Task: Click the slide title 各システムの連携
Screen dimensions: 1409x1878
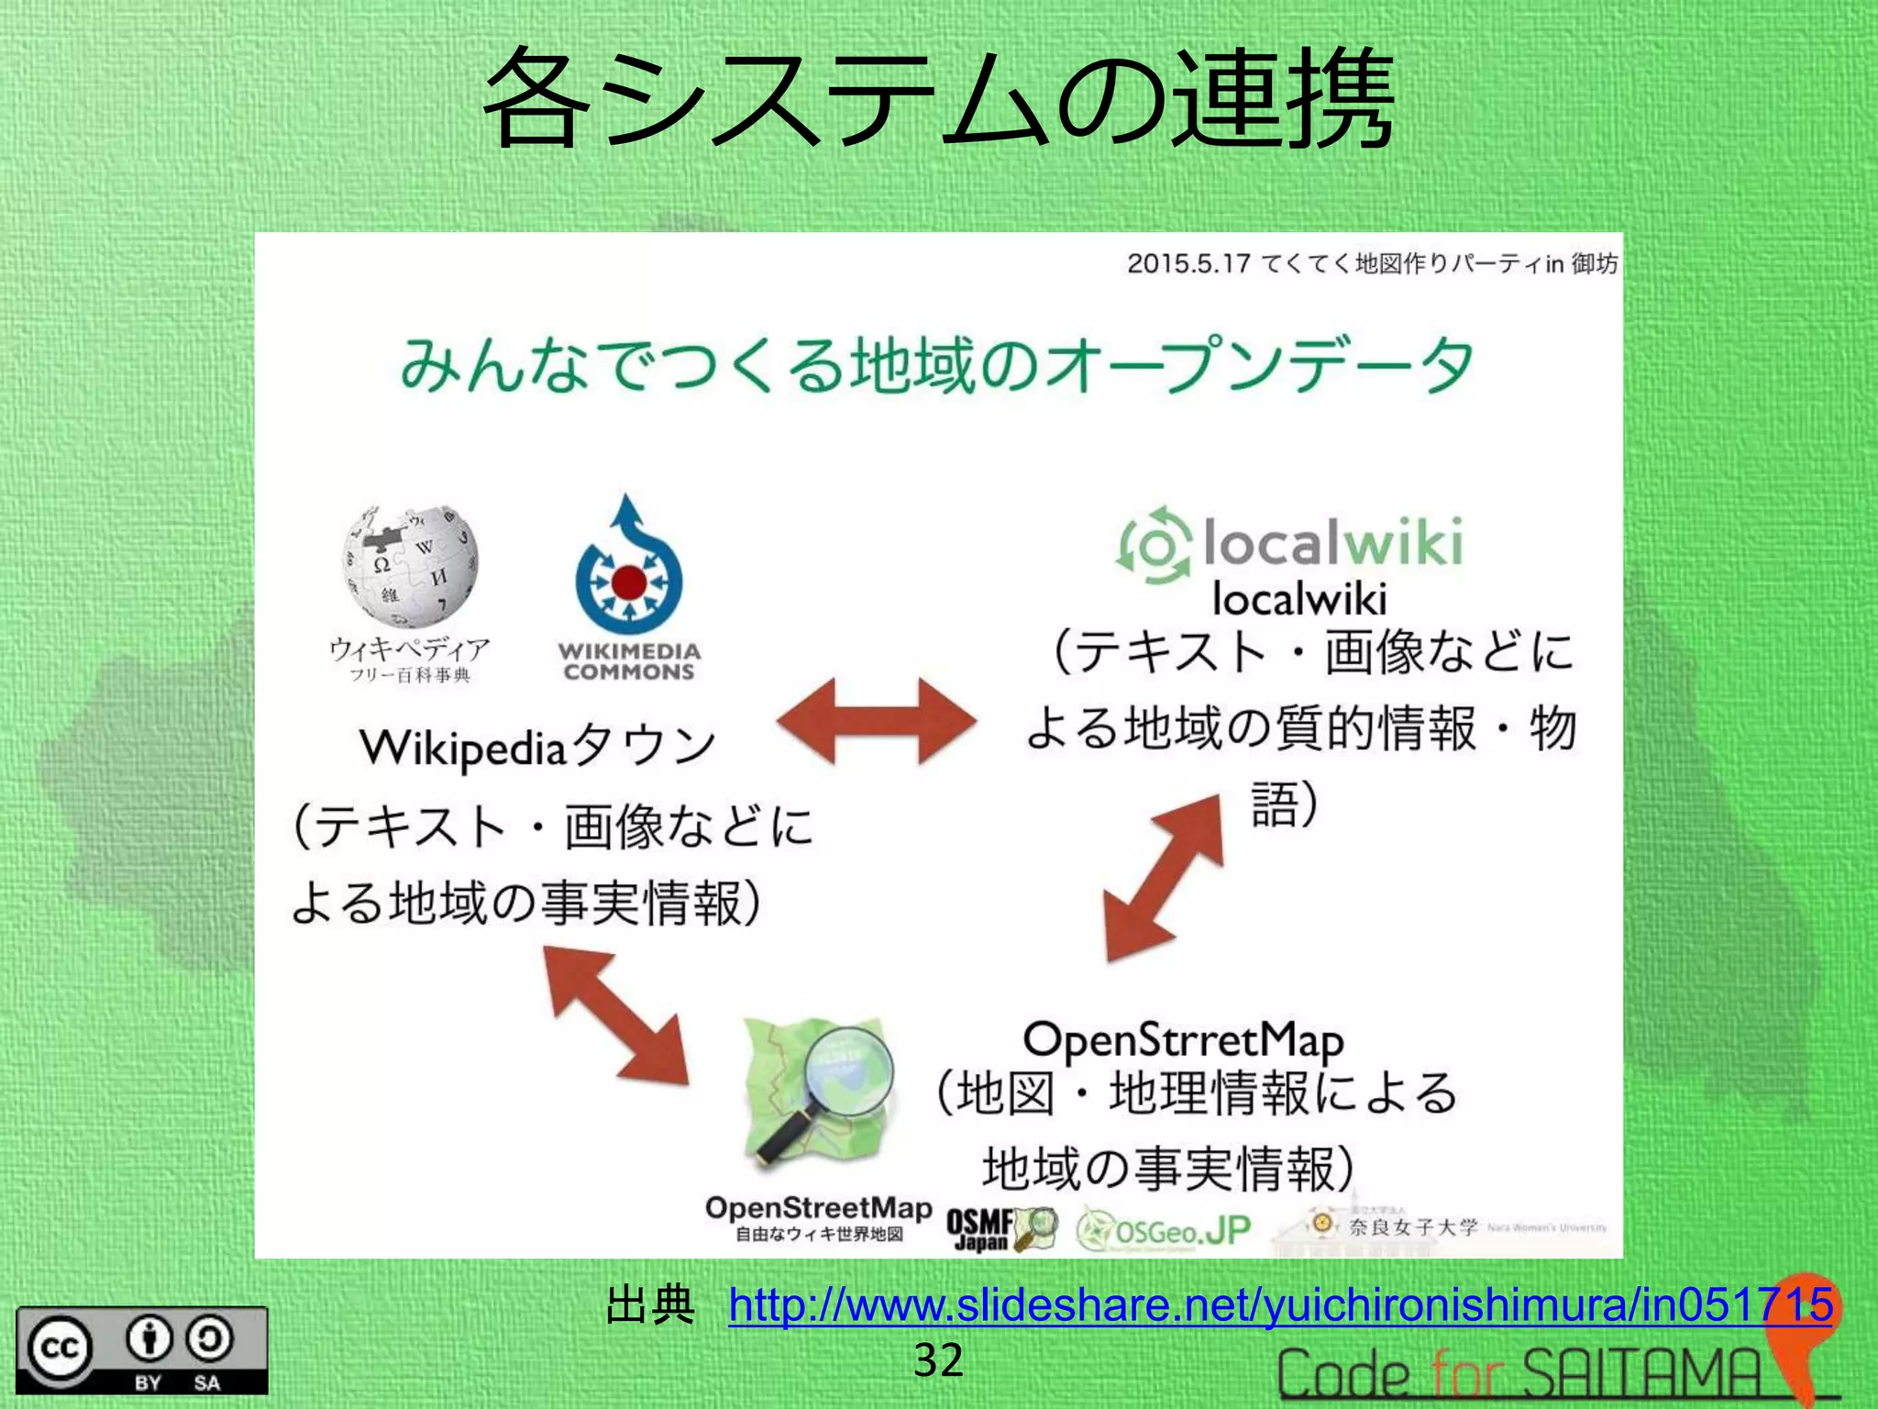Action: pyautogui.click(x=937, y=99)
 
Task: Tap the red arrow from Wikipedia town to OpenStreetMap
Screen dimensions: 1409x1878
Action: pyautogui.click(x=616, y=1015)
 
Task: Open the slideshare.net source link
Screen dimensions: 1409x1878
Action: pyautogui.click(x=1280, y=1304)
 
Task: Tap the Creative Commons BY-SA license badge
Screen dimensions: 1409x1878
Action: pyautogui.click(x=142, y=1350)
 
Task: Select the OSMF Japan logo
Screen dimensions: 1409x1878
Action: pyautogui.click(x=1000, y=1229)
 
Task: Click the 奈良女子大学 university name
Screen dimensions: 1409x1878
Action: pyautogui.click(x=1413, y=1226)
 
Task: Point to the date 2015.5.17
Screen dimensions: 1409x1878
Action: pyautogui.click(x=1188, y=264)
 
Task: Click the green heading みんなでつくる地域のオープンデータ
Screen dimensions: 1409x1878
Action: pyautogui.click(x=936, y=366)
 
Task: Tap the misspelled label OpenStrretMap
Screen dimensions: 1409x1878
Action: pyautogui.click(x=1183, y=1040)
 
